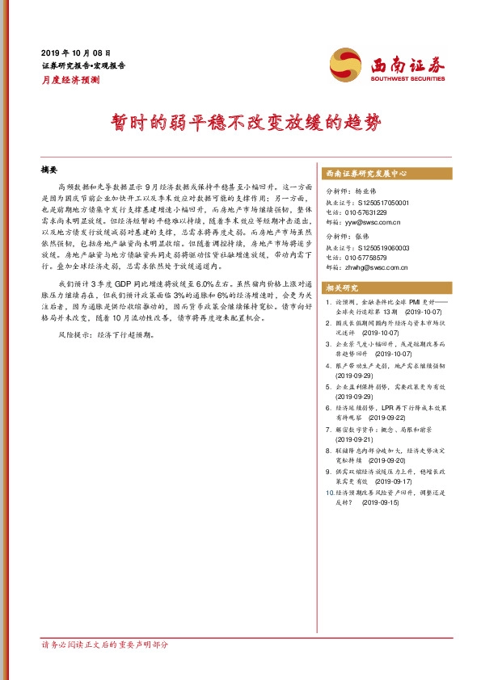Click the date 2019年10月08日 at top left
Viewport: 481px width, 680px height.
[75, 50]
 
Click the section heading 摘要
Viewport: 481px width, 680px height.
[49, 170]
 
